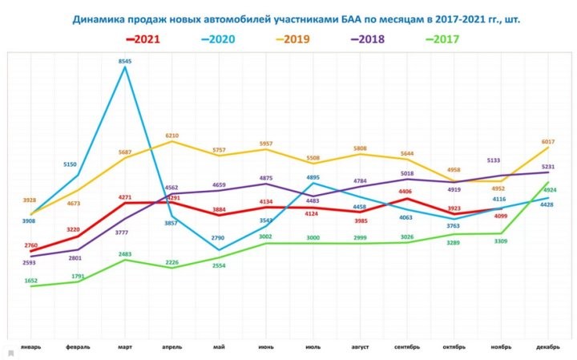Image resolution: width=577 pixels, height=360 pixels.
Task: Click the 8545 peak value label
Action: [x=125, y=60]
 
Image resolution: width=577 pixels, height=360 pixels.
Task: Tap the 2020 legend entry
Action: [x=225, y=38]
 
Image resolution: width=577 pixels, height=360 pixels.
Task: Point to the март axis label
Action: [x=125, y=347]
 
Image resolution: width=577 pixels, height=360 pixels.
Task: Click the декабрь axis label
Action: [x=547, y=347]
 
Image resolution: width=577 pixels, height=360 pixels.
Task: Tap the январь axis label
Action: [x=30, y=347]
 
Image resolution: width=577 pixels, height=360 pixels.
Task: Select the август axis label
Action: [x=360, y=347]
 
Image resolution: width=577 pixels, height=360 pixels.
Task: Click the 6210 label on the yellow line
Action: [x=172, y=136]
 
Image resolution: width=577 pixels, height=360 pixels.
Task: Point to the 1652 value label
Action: [x=30, y=281]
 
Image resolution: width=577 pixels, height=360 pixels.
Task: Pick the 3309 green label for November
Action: [x=502, y=241]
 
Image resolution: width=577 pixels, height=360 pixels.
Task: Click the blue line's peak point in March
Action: [x=125, y=67]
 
